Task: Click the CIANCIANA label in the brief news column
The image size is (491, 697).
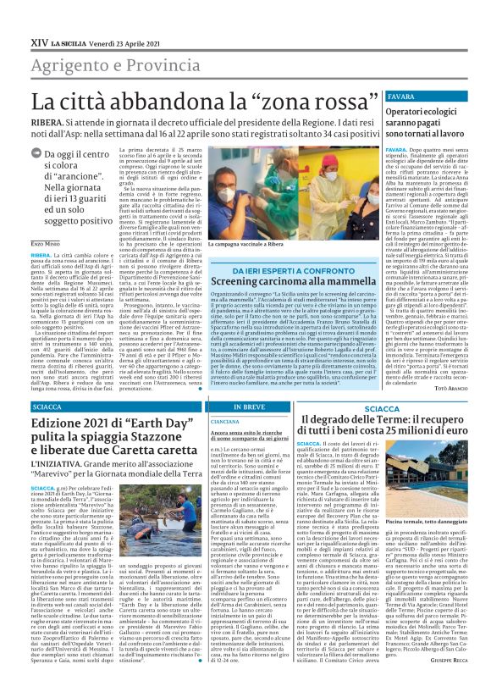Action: [x=224, y=421]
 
